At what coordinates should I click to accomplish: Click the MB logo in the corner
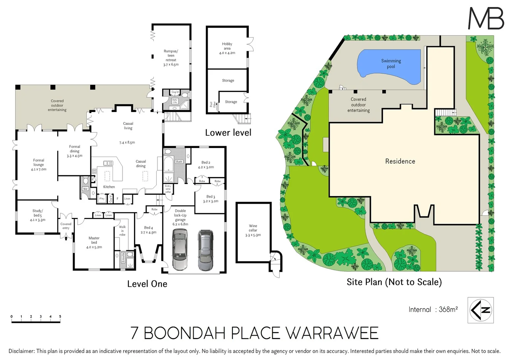click(x=486, y=18)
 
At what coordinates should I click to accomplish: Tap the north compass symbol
click(x=480, y=310)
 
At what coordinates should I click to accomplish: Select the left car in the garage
click(x=180, y=250)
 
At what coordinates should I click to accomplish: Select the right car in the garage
click(x=206, y=250)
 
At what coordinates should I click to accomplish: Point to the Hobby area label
click(x=227, y=48)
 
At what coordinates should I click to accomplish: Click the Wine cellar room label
click(x=253, y=230)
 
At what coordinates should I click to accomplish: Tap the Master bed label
click(x=94, y=243)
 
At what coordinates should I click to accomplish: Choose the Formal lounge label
click(x=39, y=165)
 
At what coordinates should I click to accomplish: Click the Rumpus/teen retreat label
click(x=171, y=58)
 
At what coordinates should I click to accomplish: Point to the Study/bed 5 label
click(x=38, y=215)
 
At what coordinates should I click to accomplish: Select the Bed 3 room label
click(x=211, y=199)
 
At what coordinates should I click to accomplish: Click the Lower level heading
click(x=228, y=133)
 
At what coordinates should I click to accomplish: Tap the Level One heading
click(x=147, y=284)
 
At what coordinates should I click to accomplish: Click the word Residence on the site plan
click(x=400, y=161)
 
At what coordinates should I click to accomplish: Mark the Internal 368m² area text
click(x=433, y=309)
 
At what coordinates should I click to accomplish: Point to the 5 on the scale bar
click(x=60, y=316)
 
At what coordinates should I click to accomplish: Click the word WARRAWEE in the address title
click(x=332, y=333)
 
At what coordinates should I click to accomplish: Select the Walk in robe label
click(x=122, y=231)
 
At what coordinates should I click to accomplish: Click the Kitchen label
click(x=109, y=187)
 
